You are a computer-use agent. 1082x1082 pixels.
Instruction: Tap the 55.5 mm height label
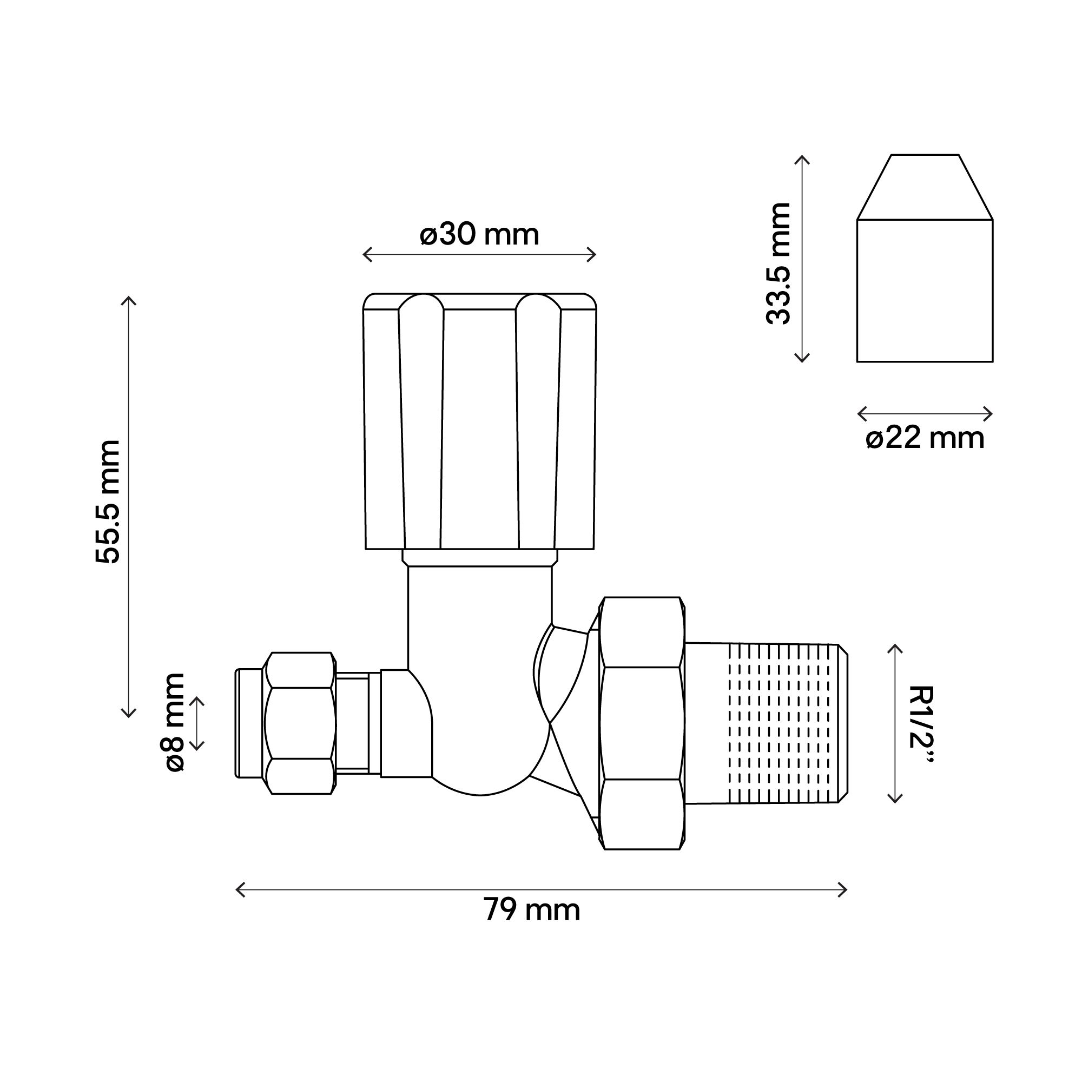click(108, 502)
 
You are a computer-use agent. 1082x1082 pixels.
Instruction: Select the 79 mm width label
click(531, 909)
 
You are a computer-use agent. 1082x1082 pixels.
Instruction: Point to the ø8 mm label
click(175, 722)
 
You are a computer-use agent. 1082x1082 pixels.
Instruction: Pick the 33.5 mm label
click(778, 263)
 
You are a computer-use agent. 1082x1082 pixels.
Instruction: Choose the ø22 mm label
click(925, 438)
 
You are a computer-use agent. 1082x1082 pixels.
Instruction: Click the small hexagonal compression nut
click(300, 723)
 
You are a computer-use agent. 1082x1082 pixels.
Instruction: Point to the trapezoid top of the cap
click(925, 188)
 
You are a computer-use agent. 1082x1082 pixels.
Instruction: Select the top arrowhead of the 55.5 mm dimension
click(129, 298)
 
